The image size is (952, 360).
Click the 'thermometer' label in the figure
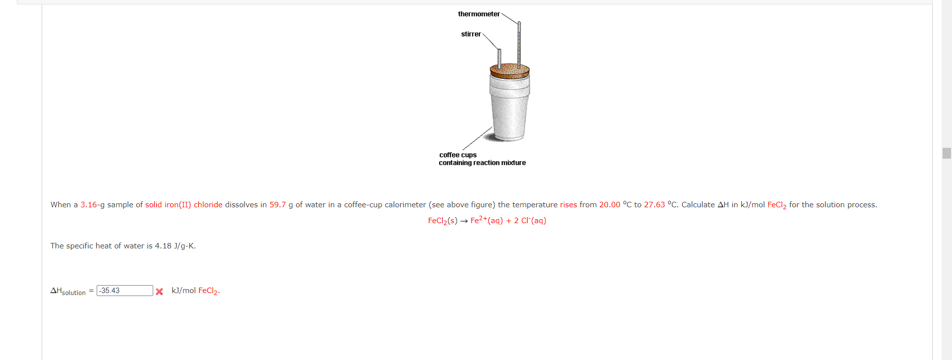click(x=478, y=14)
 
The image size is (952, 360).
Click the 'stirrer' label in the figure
click(x=471, y=34)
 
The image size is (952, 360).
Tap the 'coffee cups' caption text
click(x=458, y=155)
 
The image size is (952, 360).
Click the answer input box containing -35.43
click(x=124, y=291)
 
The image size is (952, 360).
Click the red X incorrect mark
click(x=159, y=292)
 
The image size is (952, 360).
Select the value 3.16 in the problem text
click(x=89, y=205)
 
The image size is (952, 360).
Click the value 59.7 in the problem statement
click(x=278, y=205)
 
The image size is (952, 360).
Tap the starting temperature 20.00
click(x=609, y=205)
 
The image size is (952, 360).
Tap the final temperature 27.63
click(x=654, y=205)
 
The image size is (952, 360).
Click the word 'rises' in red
click(x=568, y=205)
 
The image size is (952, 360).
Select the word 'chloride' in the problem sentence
click(x=208, y=205)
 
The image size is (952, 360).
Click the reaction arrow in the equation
click(x=464, y=221)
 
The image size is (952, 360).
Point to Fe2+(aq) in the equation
click(x=486, y=221)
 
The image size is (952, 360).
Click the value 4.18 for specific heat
click(x=163, y=246)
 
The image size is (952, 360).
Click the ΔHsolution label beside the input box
click(x=68, y=291)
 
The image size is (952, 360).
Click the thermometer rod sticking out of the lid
click(x=519, y=45)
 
